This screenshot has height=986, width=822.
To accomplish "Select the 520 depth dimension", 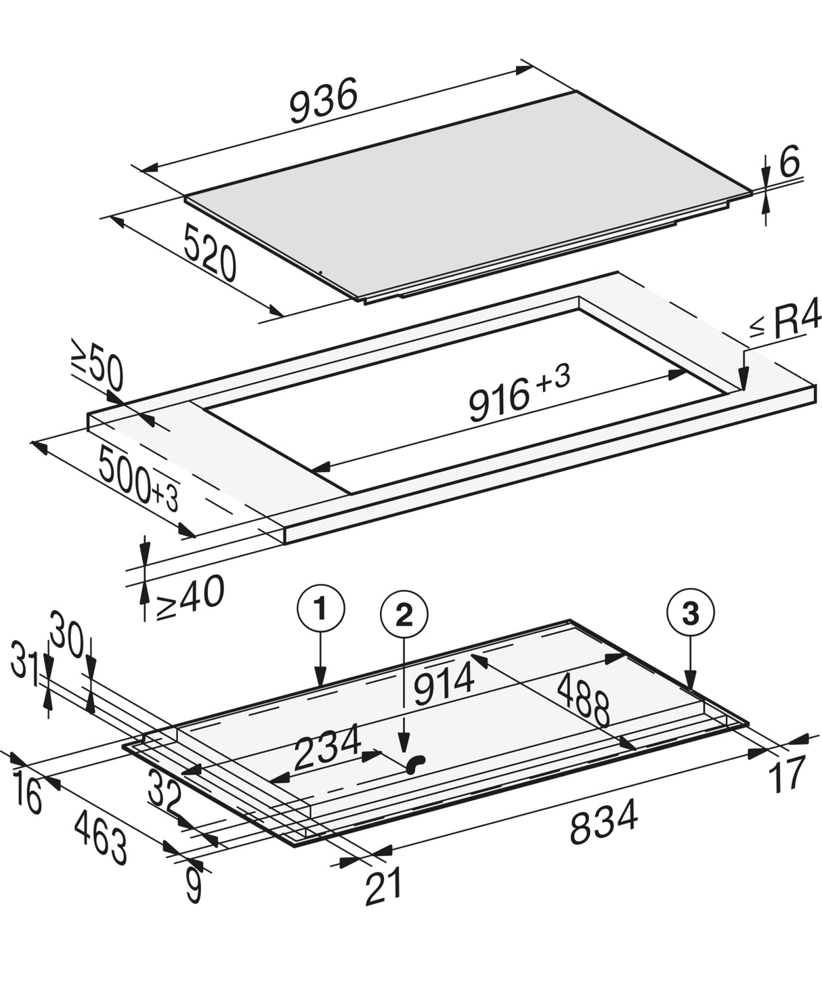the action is [210, 253].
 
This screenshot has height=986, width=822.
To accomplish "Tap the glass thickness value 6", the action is [789, 161].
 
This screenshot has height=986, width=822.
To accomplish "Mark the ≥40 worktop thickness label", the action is [190, 596].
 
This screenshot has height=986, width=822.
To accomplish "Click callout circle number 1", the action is [320, 608].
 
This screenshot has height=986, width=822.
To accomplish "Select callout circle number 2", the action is [404, 616].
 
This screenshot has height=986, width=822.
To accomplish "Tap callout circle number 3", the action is [690, 612].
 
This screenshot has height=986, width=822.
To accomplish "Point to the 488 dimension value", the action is [584, 700].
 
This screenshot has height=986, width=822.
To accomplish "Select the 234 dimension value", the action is [327, 747].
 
